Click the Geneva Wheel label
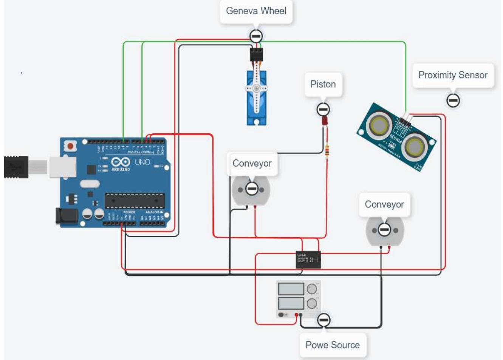point(256,11)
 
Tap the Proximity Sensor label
point(452,75)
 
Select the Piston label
point(323,84)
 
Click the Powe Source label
point(332,345)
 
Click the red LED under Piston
point(324,121)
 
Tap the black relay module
point(308,260)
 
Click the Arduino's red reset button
point(70,146)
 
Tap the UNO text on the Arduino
point(142,162)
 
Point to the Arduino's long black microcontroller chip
point(135,201)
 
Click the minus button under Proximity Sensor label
point(453,100)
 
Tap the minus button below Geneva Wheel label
point(256,36)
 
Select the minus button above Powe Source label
point(323,320)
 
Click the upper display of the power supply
point(291,289)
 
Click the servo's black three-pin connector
point(256,55)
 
